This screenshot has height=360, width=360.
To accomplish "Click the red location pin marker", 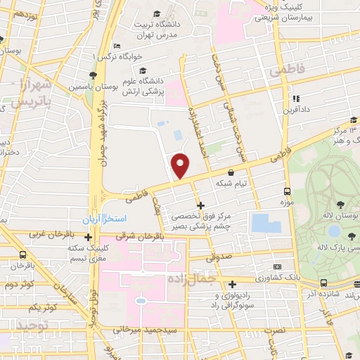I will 181,165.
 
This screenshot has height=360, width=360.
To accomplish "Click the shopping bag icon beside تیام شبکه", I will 231,172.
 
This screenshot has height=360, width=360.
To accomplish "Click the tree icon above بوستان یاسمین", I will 92,75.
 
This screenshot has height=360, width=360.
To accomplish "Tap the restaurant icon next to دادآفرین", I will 296,98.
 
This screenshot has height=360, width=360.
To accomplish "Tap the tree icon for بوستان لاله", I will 340,205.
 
